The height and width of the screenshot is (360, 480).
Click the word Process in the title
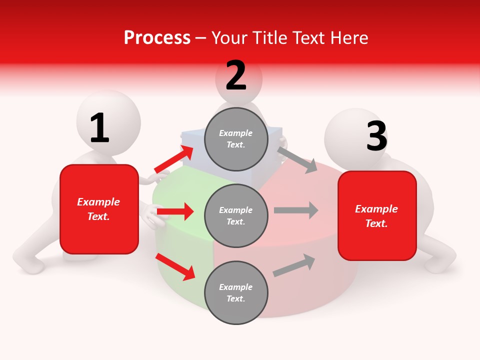click(x=157, y=38)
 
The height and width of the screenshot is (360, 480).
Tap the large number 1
click(x=99, y=128)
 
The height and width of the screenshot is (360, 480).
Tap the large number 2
click(x=236, y=75)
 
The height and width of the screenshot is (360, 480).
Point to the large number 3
click(x=376, y=136)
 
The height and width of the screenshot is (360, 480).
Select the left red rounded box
click(x=99, y=209)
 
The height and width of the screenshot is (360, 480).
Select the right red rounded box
click(x=377, y=216)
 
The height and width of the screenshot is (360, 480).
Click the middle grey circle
click(x=236, y=215)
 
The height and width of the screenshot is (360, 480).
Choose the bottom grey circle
click(x=236, y=292)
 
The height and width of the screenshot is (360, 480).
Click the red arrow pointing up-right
click(x=173, y=159)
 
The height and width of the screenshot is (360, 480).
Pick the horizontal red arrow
click(x=175, y=211)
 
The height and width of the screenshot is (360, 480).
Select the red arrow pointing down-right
click(x=175, y=266)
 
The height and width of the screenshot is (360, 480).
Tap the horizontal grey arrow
click(x=295, y=210)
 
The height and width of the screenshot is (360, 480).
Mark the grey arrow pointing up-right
click(x=294, y=265)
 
